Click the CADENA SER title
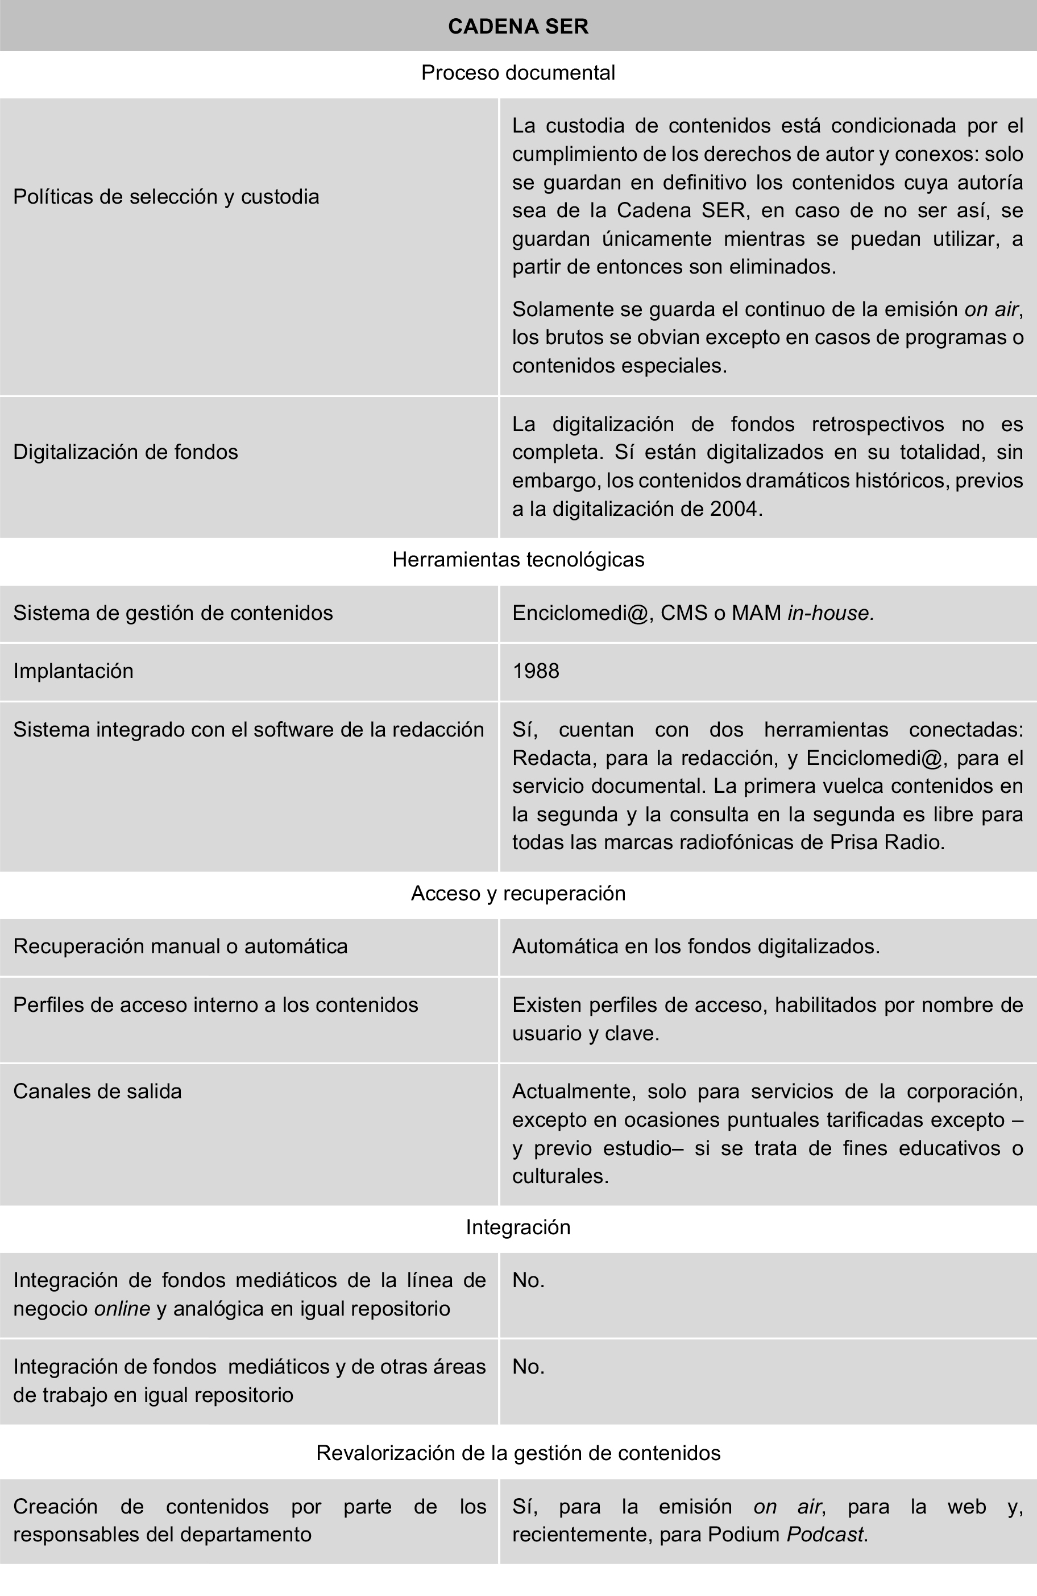point(518,26)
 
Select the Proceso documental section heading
point(518,72)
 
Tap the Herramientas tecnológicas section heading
point(518,559)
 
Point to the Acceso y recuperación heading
point(518,893)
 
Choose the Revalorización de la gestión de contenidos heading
point(518,1453)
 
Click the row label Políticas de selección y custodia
point(166,196)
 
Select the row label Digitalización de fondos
point(125,452)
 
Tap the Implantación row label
point(73,671)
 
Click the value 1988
point(536,671)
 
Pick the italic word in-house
point(831,613)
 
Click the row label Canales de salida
point(97,1091)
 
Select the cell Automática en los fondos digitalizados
point(696,946)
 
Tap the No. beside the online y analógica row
point(528,1280)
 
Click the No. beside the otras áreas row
point(528,1367)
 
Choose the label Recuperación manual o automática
point(180,946)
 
